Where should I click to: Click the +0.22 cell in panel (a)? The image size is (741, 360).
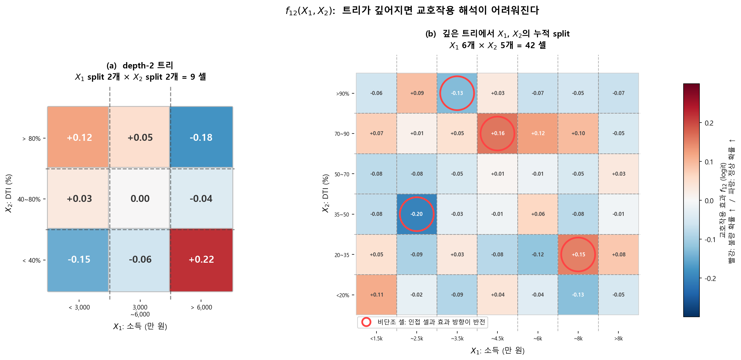[x=201, y=260]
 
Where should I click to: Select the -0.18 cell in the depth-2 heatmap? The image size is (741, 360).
[x=201, y=137]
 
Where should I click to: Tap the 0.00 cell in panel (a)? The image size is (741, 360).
[x=140, y=199]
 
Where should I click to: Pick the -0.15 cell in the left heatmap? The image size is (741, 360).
[x=79, y=260]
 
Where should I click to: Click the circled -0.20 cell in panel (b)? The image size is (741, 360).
[x=416, y=214]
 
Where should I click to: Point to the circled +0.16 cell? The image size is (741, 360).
[x=497, y=134]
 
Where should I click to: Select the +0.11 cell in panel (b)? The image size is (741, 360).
[x=376, y=295]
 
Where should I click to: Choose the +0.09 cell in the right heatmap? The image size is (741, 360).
[x=417, y=93]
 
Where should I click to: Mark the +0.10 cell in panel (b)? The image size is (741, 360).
[x=578, y=134]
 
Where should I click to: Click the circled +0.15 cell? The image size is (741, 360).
[x=578, y=255]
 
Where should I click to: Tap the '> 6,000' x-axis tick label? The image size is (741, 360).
[x=201, y=308]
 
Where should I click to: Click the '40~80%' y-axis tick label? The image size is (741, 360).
[x=29, y=200]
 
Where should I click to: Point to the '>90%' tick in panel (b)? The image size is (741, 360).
[x=343, y=94]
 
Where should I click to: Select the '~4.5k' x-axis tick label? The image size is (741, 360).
[x=497, y=339]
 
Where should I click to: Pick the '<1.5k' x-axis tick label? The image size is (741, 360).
[x=376, y=339]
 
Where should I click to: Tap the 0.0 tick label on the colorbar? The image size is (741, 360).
[x=709, y=201]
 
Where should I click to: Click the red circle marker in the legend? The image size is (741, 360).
[x=366, y=322]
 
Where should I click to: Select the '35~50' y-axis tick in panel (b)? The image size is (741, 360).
[x=342, y=215]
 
